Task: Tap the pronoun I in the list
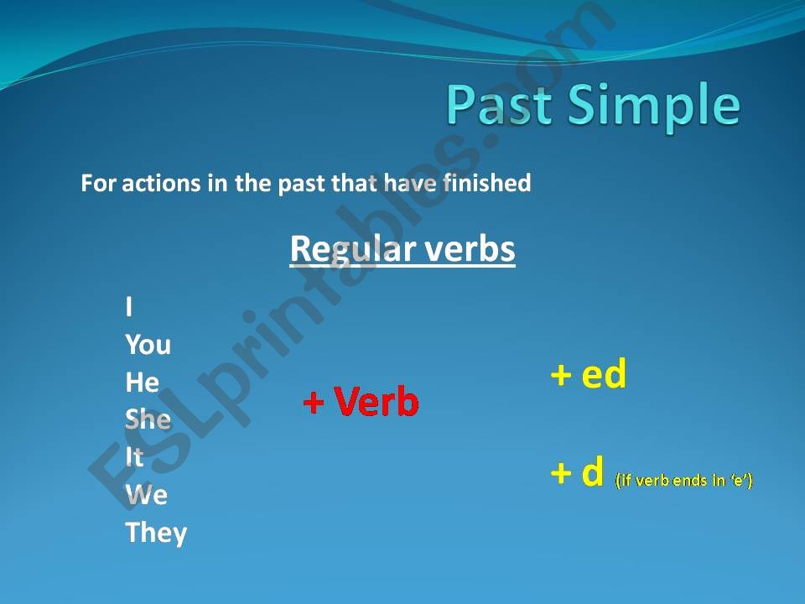[129, 308]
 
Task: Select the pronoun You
[148, 345]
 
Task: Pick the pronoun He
[142, 383]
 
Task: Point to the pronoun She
[148, 419]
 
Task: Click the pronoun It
[134, 457]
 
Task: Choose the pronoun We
[147, 495]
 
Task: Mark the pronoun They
[156, 533]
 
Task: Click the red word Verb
[377, 404]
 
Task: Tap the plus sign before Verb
[313, 404]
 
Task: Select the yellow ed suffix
[604, 375]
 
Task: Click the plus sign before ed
[560, 376]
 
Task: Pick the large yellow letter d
[592, 474]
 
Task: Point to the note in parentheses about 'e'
[683, 481]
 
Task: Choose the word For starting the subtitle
[99, 183]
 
